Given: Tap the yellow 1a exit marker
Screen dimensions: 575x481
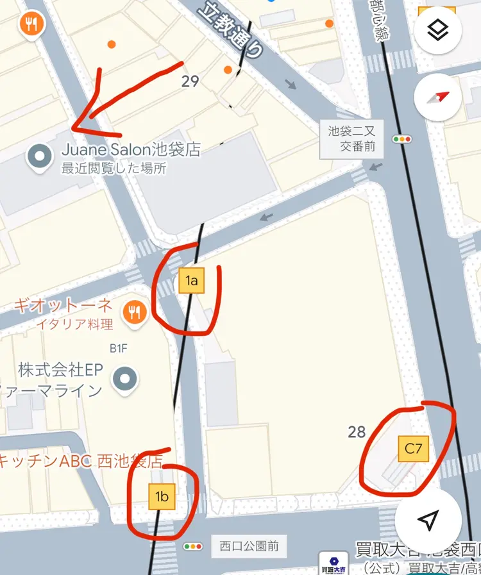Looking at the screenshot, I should click(191, 280).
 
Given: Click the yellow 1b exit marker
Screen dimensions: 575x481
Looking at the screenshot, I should click(162, 496).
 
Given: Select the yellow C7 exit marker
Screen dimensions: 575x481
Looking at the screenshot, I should click(414, 449).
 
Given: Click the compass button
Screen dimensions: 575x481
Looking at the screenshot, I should click(438, 97).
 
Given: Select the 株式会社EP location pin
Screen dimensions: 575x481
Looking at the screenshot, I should click(124, 378).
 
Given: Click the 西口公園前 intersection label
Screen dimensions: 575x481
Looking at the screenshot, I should click(249, 547).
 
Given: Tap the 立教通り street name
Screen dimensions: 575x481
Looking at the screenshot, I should click(231, 29).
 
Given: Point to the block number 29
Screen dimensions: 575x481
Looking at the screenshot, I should click(190, 81).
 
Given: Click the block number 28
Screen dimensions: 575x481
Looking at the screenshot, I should click(357, 432).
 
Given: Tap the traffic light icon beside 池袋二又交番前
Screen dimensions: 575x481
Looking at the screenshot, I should click(403, 138).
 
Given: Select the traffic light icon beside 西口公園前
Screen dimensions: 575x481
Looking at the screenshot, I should click(193, 547).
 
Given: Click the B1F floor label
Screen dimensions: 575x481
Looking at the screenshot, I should click(119, 349).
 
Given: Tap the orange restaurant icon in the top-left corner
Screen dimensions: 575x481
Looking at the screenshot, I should click(30, 24).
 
